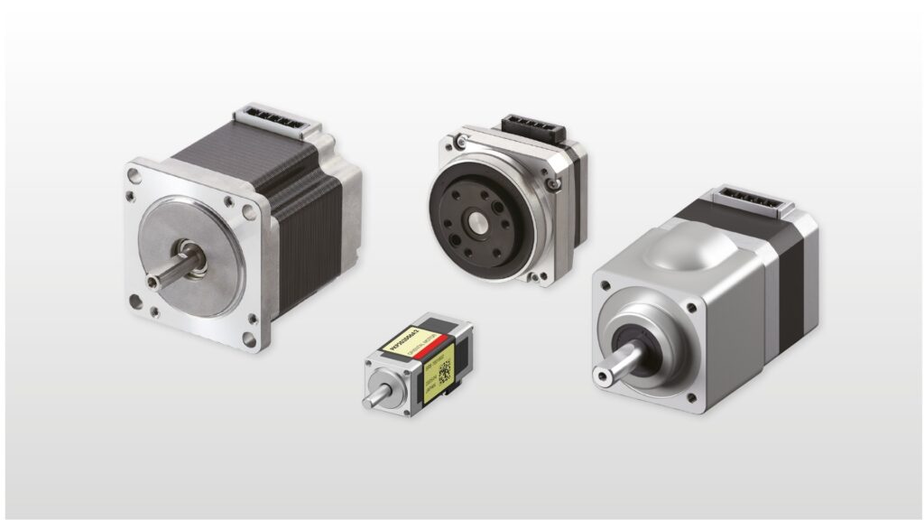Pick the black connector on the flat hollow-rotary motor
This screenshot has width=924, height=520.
[x=531, y=127]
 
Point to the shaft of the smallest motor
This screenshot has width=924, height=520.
[x=374, y=396]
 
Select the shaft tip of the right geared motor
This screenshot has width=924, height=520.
[x=600, y=375]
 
